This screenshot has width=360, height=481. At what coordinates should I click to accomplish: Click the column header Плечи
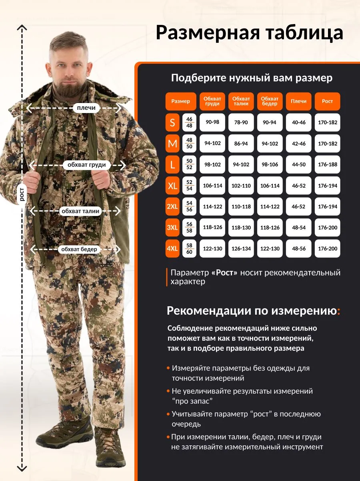tap(298, 101)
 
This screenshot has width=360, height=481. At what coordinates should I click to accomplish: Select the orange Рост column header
tap(328, 101)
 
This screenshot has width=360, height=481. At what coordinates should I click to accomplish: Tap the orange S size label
tap(172, 123)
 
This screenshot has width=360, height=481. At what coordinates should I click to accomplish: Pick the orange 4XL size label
tap(172, 249)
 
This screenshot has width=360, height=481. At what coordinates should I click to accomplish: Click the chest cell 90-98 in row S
tap(212, 123)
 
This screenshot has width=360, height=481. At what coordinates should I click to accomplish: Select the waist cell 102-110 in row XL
tap(241, 186)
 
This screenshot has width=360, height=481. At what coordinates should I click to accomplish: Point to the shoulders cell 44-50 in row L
tap(298, 165)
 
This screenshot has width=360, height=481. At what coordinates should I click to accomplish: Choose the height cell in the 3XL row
tap(328, 227)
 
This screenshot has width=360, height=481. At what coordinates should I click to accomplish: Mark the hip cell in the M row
tap(270, 143)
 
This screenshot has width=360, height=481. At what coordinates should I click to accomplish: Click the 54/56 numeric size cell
tap(189, 206)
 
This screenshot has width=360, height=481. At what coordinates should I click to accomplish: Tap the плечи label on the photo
tap(86, 108)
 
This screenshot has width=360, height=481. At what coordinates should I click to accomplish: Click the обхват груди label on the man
tap(86, 165)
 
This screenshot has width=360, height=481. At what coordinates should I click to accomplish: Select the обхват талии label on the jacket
tap(80, 211)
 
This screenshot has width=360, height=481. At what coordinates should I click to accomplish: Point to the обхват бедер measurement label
tap(79, 249)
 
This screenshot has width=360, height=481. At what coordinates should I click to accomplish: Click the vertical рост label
tap(22, 194)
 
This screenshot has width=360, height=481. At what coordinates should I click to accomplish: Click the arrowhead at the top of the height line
tap(22, 27)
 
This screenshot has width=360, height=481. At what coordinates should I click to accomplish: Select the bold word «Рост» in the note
tap(224, 273)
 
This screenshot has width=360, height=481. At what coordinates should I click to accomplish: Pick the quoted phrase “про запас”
tap(192, 401)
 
